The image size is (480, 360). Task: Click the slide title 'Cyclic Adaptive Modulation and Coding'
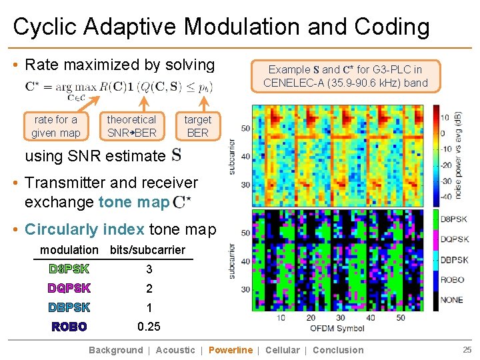(221, 27)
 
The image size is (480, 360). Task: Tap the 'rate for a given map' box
(55, 126)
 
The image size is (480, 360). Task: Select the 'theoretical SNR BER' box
(131, 126)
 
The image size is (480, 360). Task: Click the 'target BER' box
(197, 126)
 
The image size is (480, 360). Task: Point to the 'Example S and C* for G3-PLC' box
(345, 76)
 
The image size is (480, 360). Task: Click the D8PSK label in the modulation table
(69, 269)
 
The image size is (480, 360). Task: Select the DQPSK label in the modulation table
(69, 289)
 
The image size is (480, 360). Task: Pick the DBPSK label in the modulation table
(69, 307)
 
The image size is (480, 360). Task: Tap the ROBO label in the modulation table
(69, 327)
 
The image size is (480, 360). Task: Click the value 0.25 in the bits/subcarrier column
(149, 327)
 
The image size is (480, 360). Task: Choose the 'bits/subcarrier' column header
(147, 250)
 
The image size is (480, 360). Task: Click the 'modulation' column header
(69, 250)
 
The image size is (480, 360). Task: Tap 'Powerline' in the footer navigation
(231, 350)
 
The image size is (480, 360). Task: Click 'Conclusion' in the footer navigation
(338, 350)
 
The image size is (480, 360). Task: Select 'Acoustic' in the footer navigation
(175, 350)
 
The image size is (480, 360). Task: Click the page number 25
(466, 350)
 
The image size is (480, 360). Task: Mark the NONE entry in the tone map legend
(451, 300)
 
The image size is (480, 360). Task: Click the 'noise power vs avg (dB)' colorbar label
(459, 154)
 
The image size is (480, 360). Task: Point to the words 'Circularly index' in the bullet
(84, 230)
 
